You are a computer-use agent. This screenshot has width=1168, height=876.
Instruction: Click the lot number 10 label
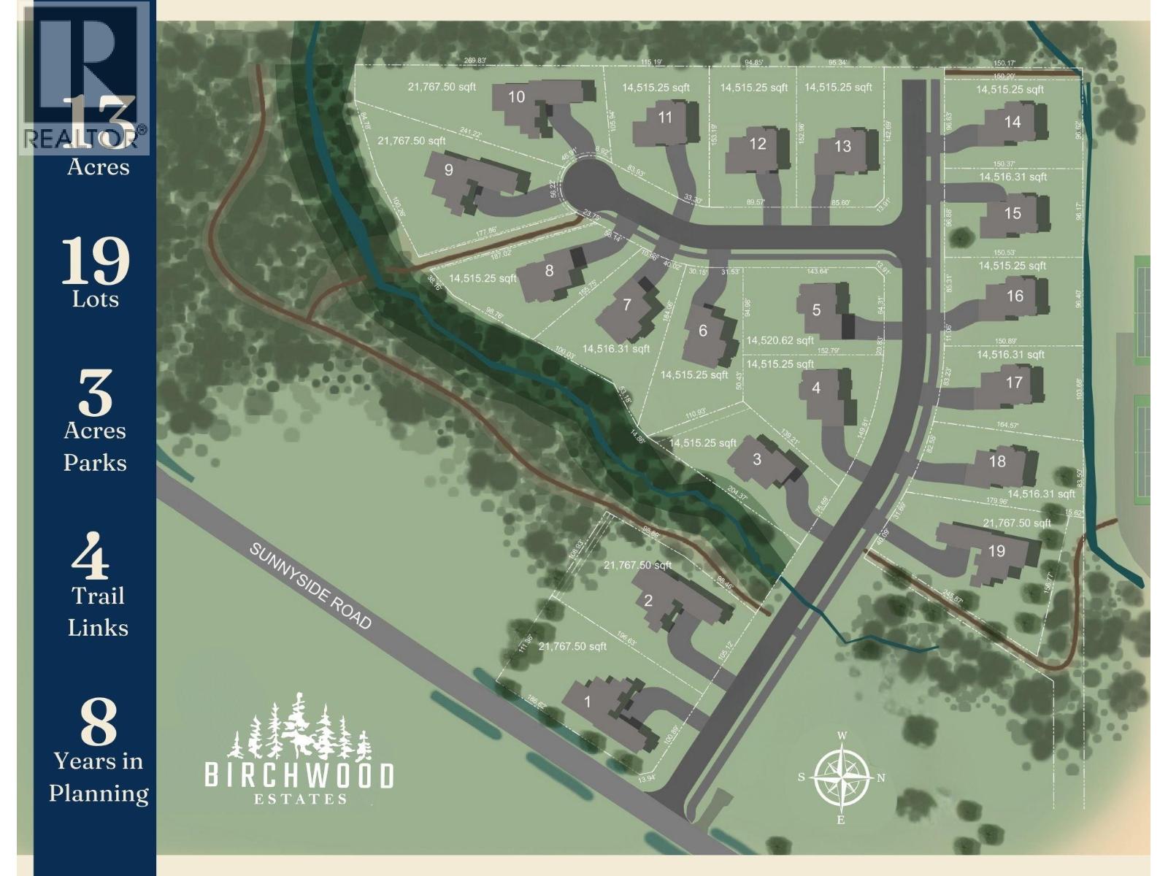click(516, 97)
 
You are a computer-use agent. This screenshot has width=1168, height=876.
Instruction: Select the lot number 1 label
click(588, 702)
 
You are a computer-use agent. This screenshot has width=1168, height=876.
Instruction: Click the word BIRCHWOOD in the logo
click(299, 775)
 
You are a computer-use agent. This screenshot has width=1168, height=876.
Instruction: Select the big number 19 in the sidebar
click(96, 261)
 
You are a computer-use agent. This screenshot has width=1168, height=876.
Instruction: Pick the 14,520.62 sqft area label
click(780, 340)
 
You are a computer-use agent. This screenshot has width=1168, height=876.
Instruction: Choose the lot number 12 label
click(758, 144)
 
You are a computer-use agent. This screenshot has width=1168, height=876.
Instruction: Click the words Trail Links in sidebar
click(98, 612)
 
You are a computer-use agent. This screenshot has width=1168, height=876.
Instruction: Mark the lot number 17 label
click(1014, 382)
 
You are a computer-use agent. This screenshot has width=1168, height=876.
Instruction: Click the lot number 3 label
click(757, 459)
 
